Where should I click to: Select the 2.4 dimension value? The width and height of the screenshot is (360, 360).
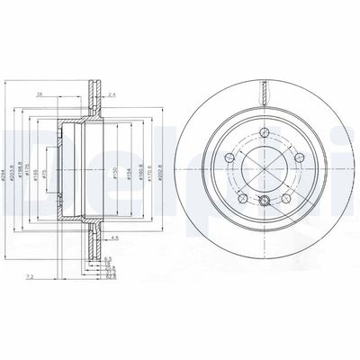(112, 93)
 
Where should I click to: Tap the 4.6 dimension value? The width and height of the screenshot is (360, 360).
(115, 237)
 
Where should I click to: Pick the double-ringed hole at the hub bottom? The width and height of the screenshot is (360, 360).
(264, 201)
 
